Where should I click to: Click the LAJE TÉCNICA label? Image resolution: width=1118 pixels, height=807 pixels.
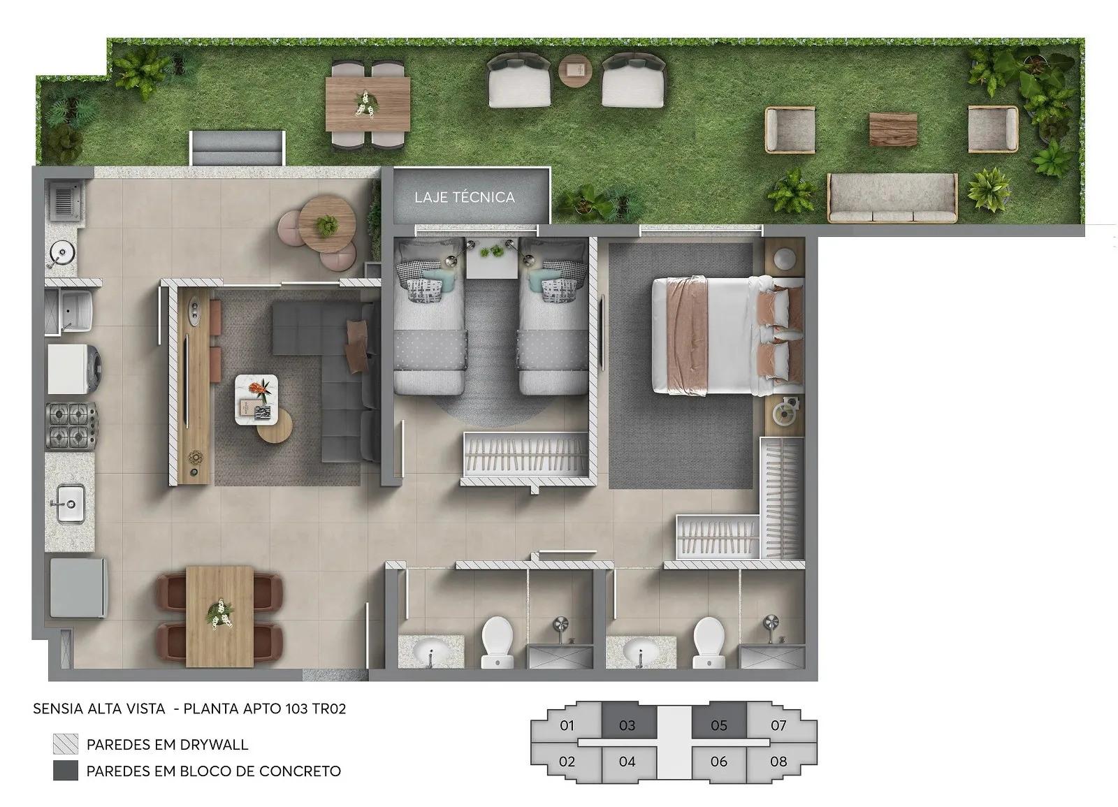[x=465, y=197]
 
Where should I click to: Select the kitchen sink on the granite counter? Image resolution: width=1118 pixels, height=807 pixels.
[x=70, y=503]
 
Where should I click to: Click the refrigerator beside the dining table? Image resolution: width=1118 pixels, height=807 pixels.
[x=78, y=588]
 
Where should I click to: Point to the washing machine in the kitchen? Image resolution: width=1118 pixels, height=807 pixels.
[x=74, y=369]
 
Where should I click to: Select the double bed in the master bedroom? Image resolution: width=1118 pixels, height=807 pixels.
[x=727, y=335]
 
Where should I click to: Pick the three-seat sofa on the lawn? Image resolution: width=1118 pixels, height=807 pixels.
[x=892, y=198]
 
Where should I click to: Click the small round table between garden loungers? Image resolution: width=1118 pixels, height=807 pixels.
[x=576, y=71]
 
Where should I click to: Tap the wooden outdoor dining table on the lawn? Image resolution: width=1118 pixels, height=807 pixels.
[x=368, y=104]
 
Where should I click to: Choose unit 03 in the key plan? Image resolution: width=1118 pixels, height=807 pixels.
[x=627, y=725]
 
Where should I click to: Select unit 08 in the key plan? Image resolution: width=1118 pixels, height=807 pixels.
[x=779, y=762]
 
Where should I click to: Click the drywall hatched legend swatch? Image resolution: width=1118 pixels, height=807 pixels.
[x=66, y=743]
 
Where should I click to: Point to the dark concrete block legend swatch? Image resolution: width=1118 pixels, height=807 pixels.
[x=66, y=771]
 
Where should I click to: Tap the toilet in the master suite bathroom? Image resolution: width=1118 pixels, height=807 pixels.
[x=709, y=642]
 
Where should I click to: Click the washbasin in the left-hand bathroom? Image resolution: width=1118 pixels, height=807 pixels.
[x=430, y=650]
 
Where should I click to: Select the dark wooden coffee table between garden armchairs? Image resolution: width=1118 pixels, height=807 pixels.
[x=894, y=129]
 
